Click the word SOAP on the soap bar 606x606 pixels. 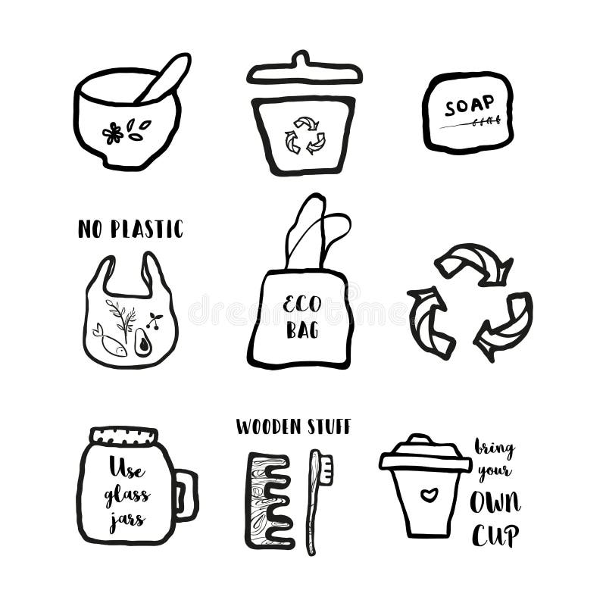tap(469, 105)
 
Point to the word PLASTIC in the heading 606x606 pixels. tap(146, 229)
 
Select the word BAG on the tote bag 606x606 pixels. tap(302, 332)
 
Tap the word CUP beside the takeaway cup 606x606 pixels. tap(495, 535)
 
